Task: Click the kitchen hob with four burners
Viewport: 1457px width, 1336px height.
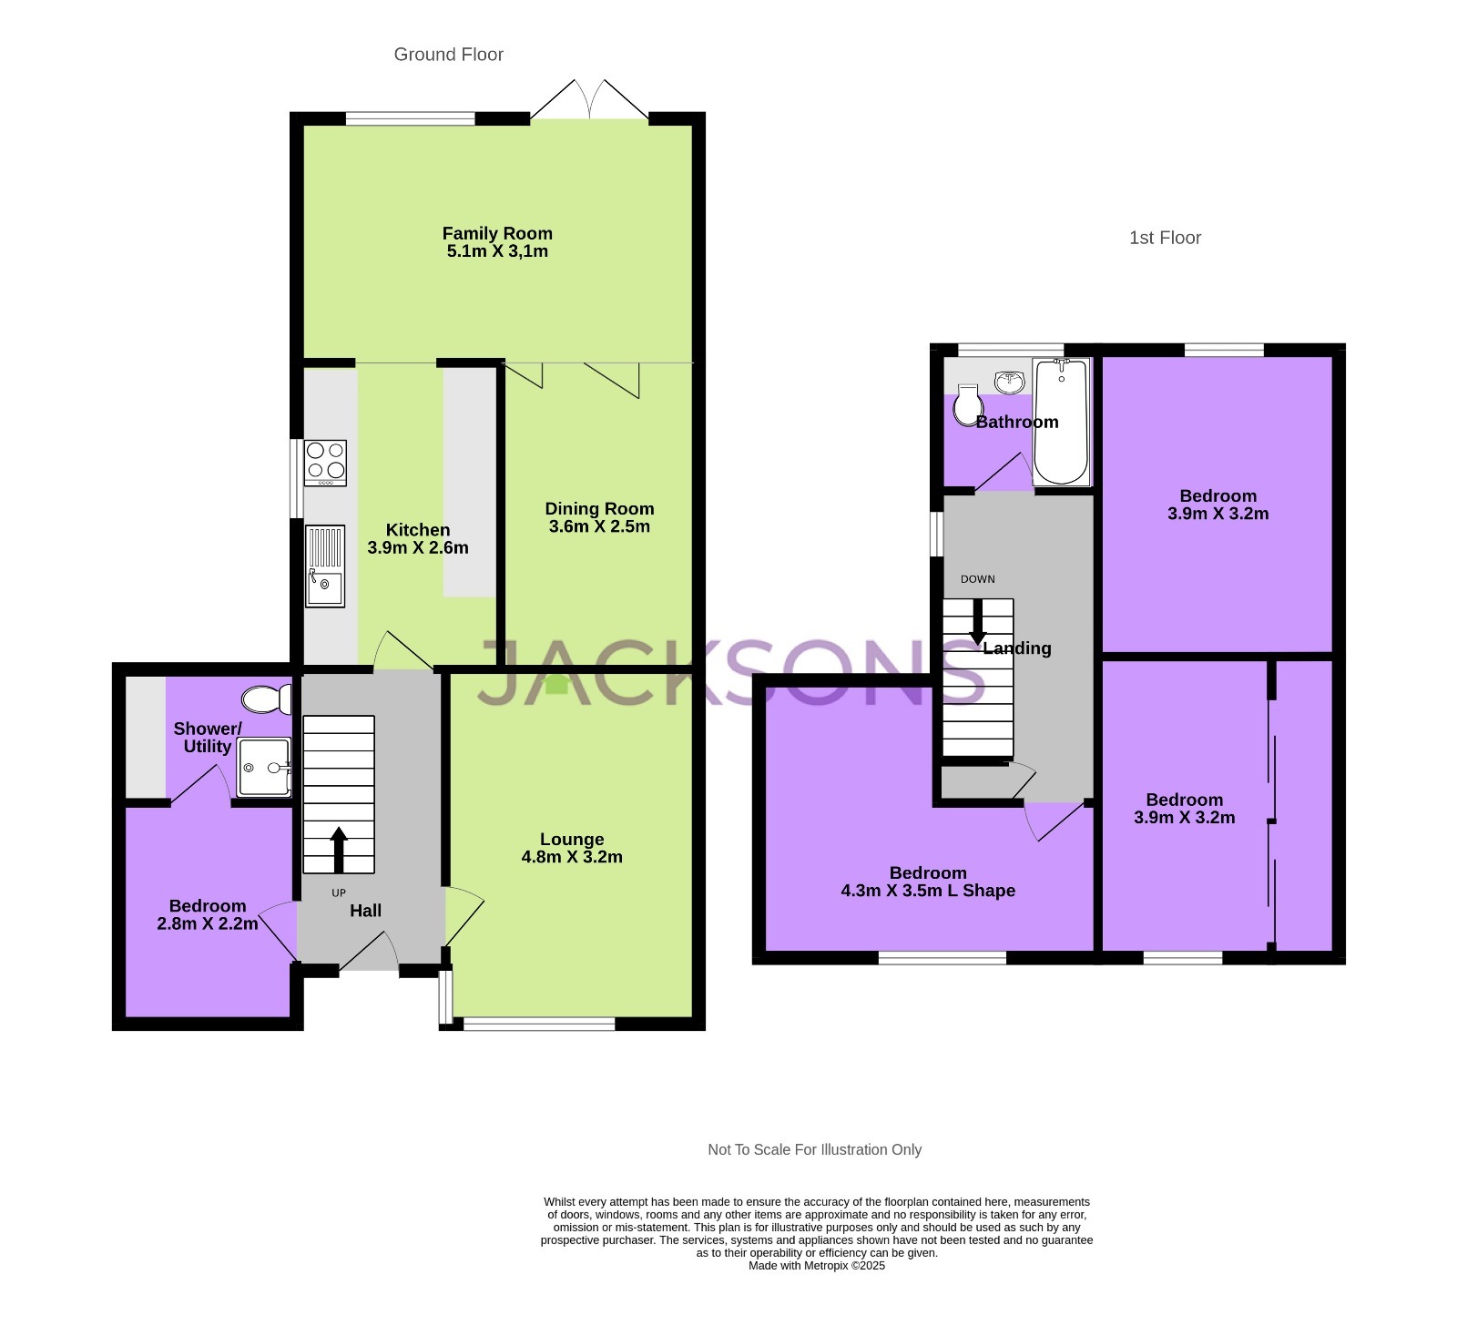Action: coord(325,462)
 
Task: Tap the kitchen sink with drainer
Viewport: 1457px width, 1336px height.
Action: coord(325,566)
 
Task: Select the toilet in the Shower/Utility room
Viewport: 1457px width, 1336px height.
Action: coord(265,699)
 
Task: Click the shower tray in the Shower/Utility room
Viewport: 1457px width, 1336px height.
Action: coord(263,767)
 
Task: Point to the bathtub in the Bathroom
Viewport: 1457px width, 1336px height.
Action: coord(1061,421)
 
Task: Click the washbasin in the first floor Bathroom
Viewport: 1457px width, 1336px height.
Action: coord(1009,381)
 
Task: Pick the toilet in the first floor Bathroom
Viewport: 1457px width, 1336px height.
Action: coord(967,405)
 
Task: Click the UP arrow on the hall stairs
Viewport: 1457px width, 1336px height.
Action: coord(338,849)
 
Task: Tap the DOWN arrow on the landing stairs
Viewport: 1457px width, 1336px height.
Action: coord(977,623)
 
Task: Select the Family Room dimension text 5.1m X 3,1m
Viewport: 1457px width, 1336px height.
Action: coord(497,251)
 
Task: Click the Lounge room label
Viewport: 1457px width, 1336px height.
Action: coord(572,840)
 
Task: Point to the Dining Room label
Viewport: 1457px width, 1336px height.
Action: coord(599,509)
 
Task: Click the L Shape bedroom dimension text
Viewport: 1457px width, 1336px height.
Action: coord(928,891)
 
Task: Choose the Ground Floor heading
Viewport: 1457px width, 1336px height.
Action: coord(448,55)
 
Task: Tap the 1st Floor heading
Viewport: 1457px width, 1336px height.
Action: coord(1165,238)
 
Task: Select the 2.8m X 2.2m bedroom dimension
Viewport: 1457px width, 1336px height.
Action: coord(208,923)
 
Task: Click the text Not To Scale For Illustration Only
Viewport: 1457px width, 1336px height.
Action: coord(814,1149)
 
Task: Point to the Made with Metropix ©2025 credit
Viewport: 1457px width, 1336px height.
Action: coord(816,1265)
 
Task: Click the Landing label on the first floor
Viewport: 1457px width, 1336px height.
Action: coord(1017,648)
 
